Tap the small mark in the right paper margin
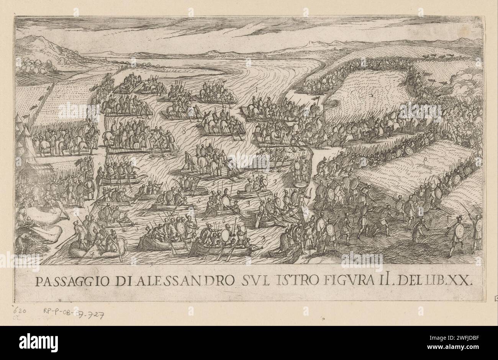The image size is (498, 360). coord(495,298)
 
